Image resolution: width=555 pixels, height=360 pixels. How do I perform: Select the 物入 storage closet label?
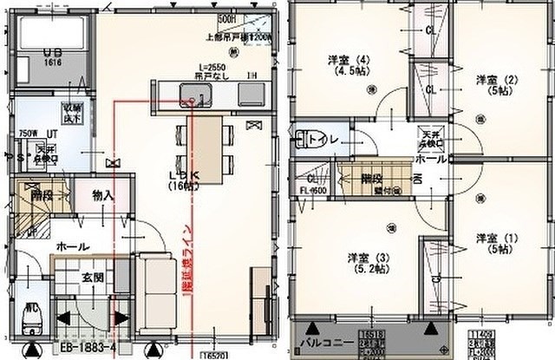tap(102, 196)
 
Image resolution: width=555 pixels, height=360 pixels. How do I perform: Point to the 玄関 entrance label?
tap(93, 278)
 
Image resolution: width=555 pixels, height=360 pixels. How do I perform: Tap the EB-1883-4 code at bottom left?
tap(88, 350)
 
